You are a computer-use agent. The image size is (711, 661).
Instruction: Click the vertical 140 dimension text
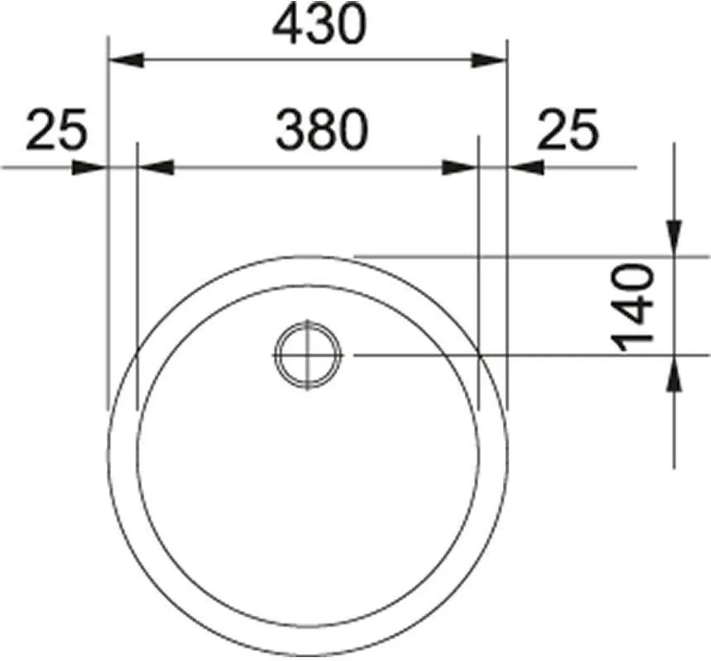click(634, 308)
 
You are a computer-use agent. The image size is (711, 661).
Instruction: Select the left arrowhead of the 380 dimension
click(156, 168)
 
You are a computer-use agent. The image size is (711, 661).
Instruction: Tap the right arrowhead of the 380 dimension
click(461, 168)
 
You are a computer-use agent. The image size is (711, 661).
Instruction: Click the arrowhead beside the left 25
click(89, 168)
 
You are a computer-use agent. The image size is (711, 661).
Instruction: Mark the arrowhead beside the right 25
click(526, 168)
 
